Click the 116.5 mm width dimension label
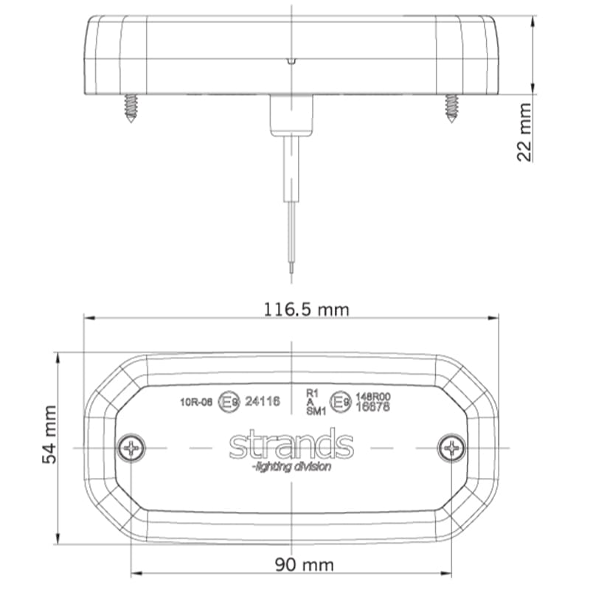pyautogui.click(x=306, y=309)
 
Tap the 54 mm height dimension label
pyautogui.click(x=49, y=444)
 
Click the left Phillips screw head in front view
pyautogui.click(x=131, y=447)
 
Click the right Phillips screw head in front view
pyautogui.click(x=451, y=447)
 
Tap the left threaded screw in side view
pyautogui.click(x=132, y=107)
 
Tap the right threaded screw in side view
pyautogui.click(x=451, y=107)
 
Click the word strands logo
pyautogui.click(x=291, y=445)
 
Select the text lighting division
pyautogui.click(x=291, y=467)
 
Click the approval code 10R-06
pyautogui.click(x=195, y=402)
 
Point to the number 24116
pyautogui.click(x=262, y=402)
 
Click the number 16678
pyautogui.click(x=372, y=406)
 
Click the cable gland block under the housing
pyautogui.click(x=292, y=114)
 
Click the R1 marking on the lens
pyautogui.click(x=312, y=394)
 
